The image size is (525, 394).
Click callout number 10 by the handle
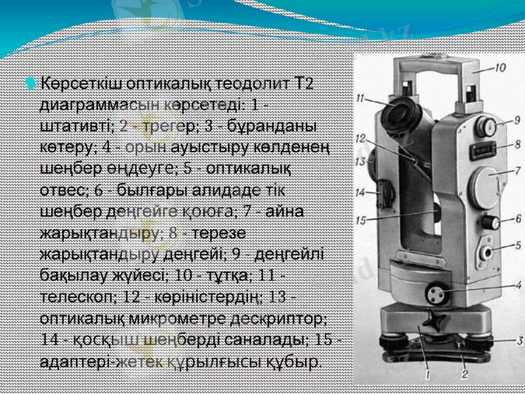[x=500, y=67]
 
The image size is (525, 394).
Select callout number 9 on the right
[x=516, y=120]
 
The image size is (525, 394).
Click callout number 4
[x=517, y=285]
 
